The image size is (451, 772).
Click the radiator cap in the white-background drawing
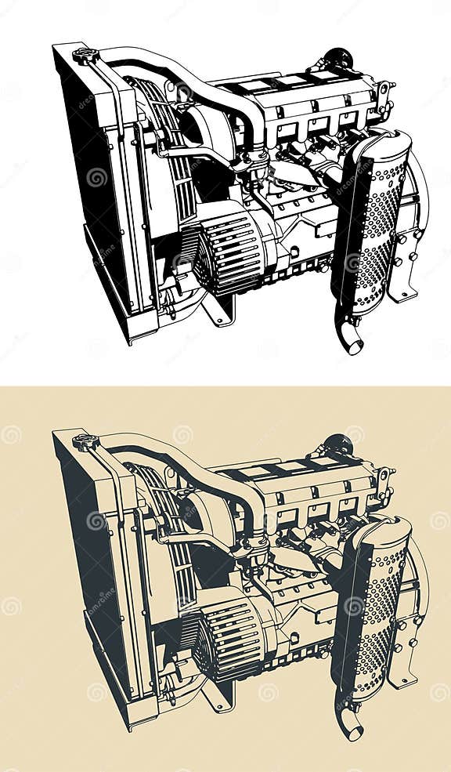pos(85,56)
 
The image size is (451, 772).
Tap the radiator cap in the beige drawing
pos(85,441)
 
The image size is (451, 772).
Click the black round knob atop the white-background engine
pos(339,58)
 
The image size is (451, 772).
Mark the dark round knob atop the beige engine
pos(339,444)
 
